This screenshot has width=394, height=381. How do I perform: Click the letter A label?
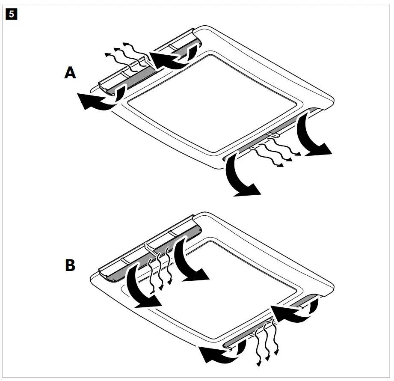70,73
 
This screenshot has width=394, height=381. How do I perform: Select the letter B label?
70,265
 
